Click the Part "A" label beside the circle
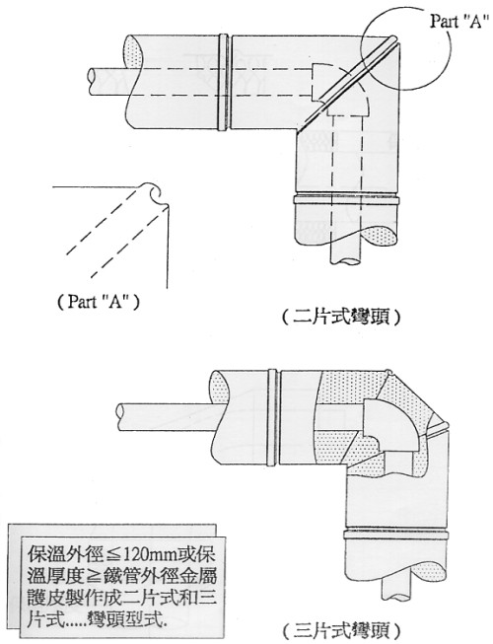pos(460,21)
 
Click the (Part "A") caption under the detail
pos(99,303)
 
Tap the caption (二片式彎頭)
pos(340,318)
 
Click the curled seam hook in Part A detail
pos(155,194)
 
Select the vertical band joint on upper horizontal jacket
pos(223,82)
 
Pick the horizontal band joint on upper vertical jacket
pos(346,200)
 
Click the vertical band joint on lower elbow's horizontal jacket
pos(273,418)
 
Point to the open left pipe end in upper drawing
pos(92,82)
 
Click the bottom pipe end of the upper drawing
pos(347,261)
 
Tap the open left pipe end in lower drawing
pos(121,417)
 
